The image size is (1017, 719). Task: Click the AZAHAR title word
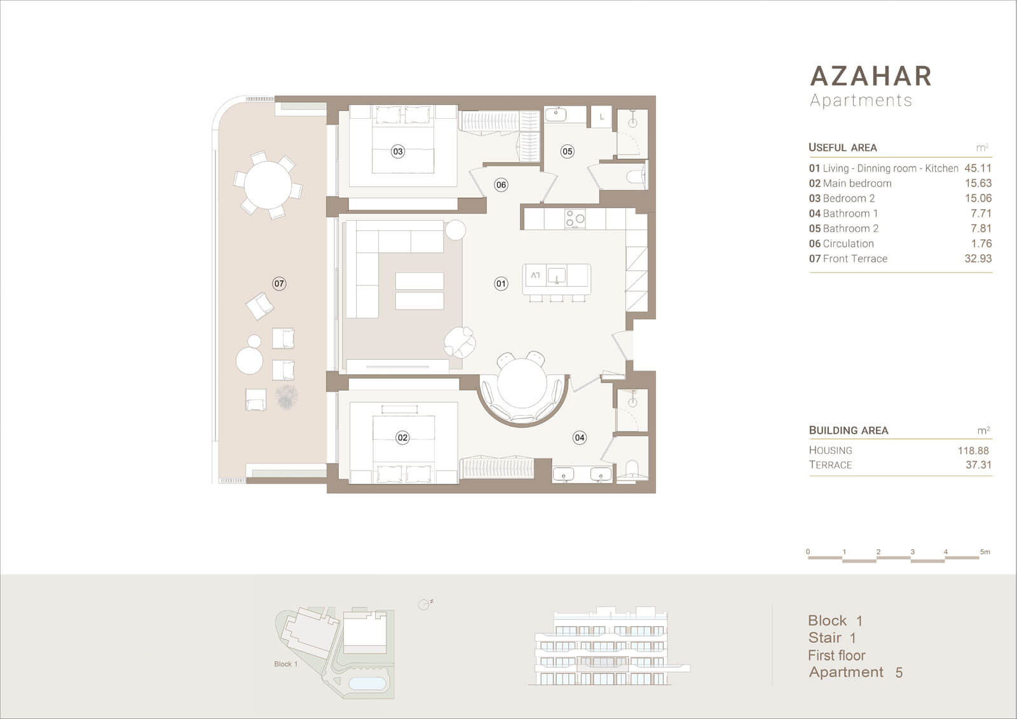pos(871,76)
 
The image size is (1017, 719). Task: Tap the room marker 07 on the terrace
pos(279,284)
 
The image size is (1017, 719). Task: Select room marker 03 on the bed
pos(398,151)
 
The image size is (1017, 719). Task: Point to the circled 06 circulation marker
pos(501,185)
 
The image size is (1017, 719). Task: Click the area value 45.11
pos(978,168)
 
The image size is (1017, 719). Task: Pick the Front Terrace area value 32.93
pos(978,259)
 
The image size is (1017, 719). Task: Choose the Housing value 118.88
pos(973,451)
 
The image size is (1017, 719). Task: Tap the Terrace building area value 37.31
pos(978,465)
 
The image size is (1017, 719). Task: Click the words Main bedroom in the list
pos(857,183)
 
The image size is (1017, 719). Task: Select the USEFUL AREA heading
pos(843,147)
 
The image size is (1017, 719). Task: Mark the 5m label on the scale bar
pos(985,552)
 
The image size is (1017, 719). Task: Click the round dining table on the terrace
pos(268,185)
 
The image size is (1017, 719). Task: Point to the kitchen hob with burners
pos(575,219)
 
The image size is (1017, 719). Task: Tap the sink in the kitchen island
pos(556,276)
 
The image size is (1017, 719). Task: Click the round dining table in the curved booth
pos(522,383)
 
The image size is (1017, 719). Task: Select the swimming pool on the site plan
pos(367,683)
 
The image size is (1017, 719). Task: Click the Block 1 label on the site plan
pos(285,664)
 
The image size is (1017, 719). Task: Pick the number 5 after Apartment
pos(899,673)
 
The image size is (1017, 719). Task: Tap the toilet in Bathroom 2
pos(635,176)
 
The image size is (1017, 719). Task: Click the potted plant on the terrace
pos(287,396)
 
